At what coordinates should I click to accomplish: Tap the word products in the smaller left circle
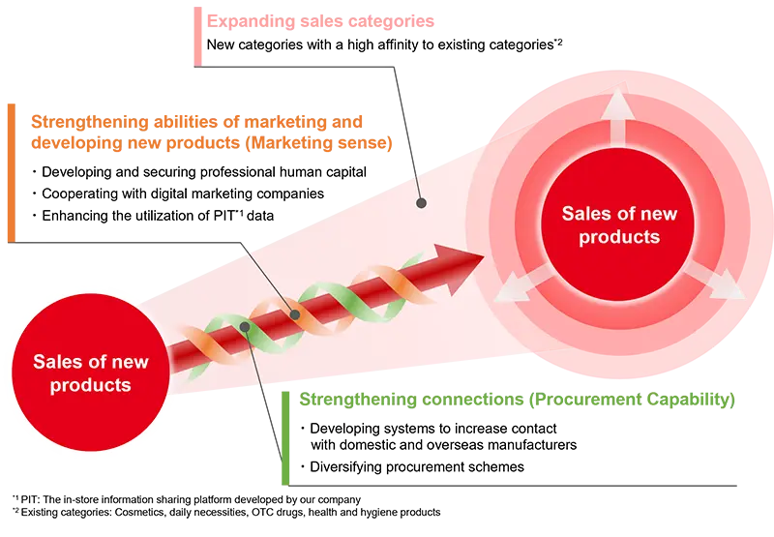[92, 384]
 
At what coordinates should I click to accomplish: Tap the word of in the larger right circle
[619, 213]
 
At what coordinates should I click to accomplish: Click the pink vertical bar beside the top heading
[198, 37]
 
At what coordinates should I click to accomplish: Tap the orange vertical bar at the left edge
[10, 170]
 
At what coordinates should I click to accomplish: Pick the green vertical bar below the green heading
[284, 435]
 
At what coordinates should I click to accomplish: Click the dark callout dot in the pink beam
[421, 203]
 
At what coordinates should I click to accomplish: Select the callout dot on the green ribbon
[247, 328]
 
